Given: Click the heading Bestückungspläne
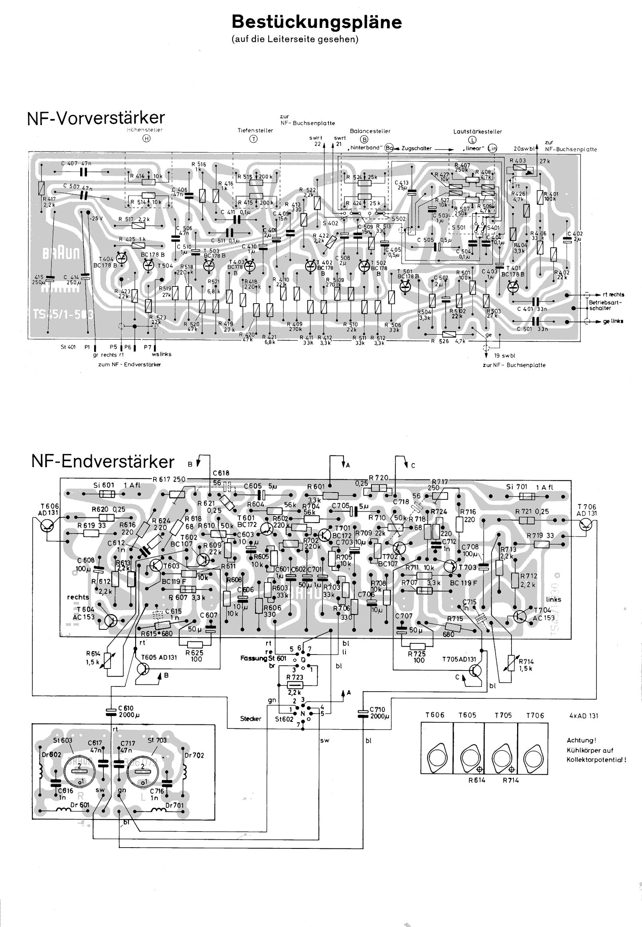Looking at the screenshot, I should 316,22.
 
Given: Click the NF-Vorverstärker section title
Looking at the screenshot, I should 96,118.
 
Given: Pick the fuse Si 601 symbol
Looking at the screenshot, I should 107,494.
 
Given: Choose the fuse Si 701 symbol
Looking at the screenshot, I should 527,497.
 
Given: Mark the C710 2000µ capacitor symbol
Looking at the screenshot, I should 363,713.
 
